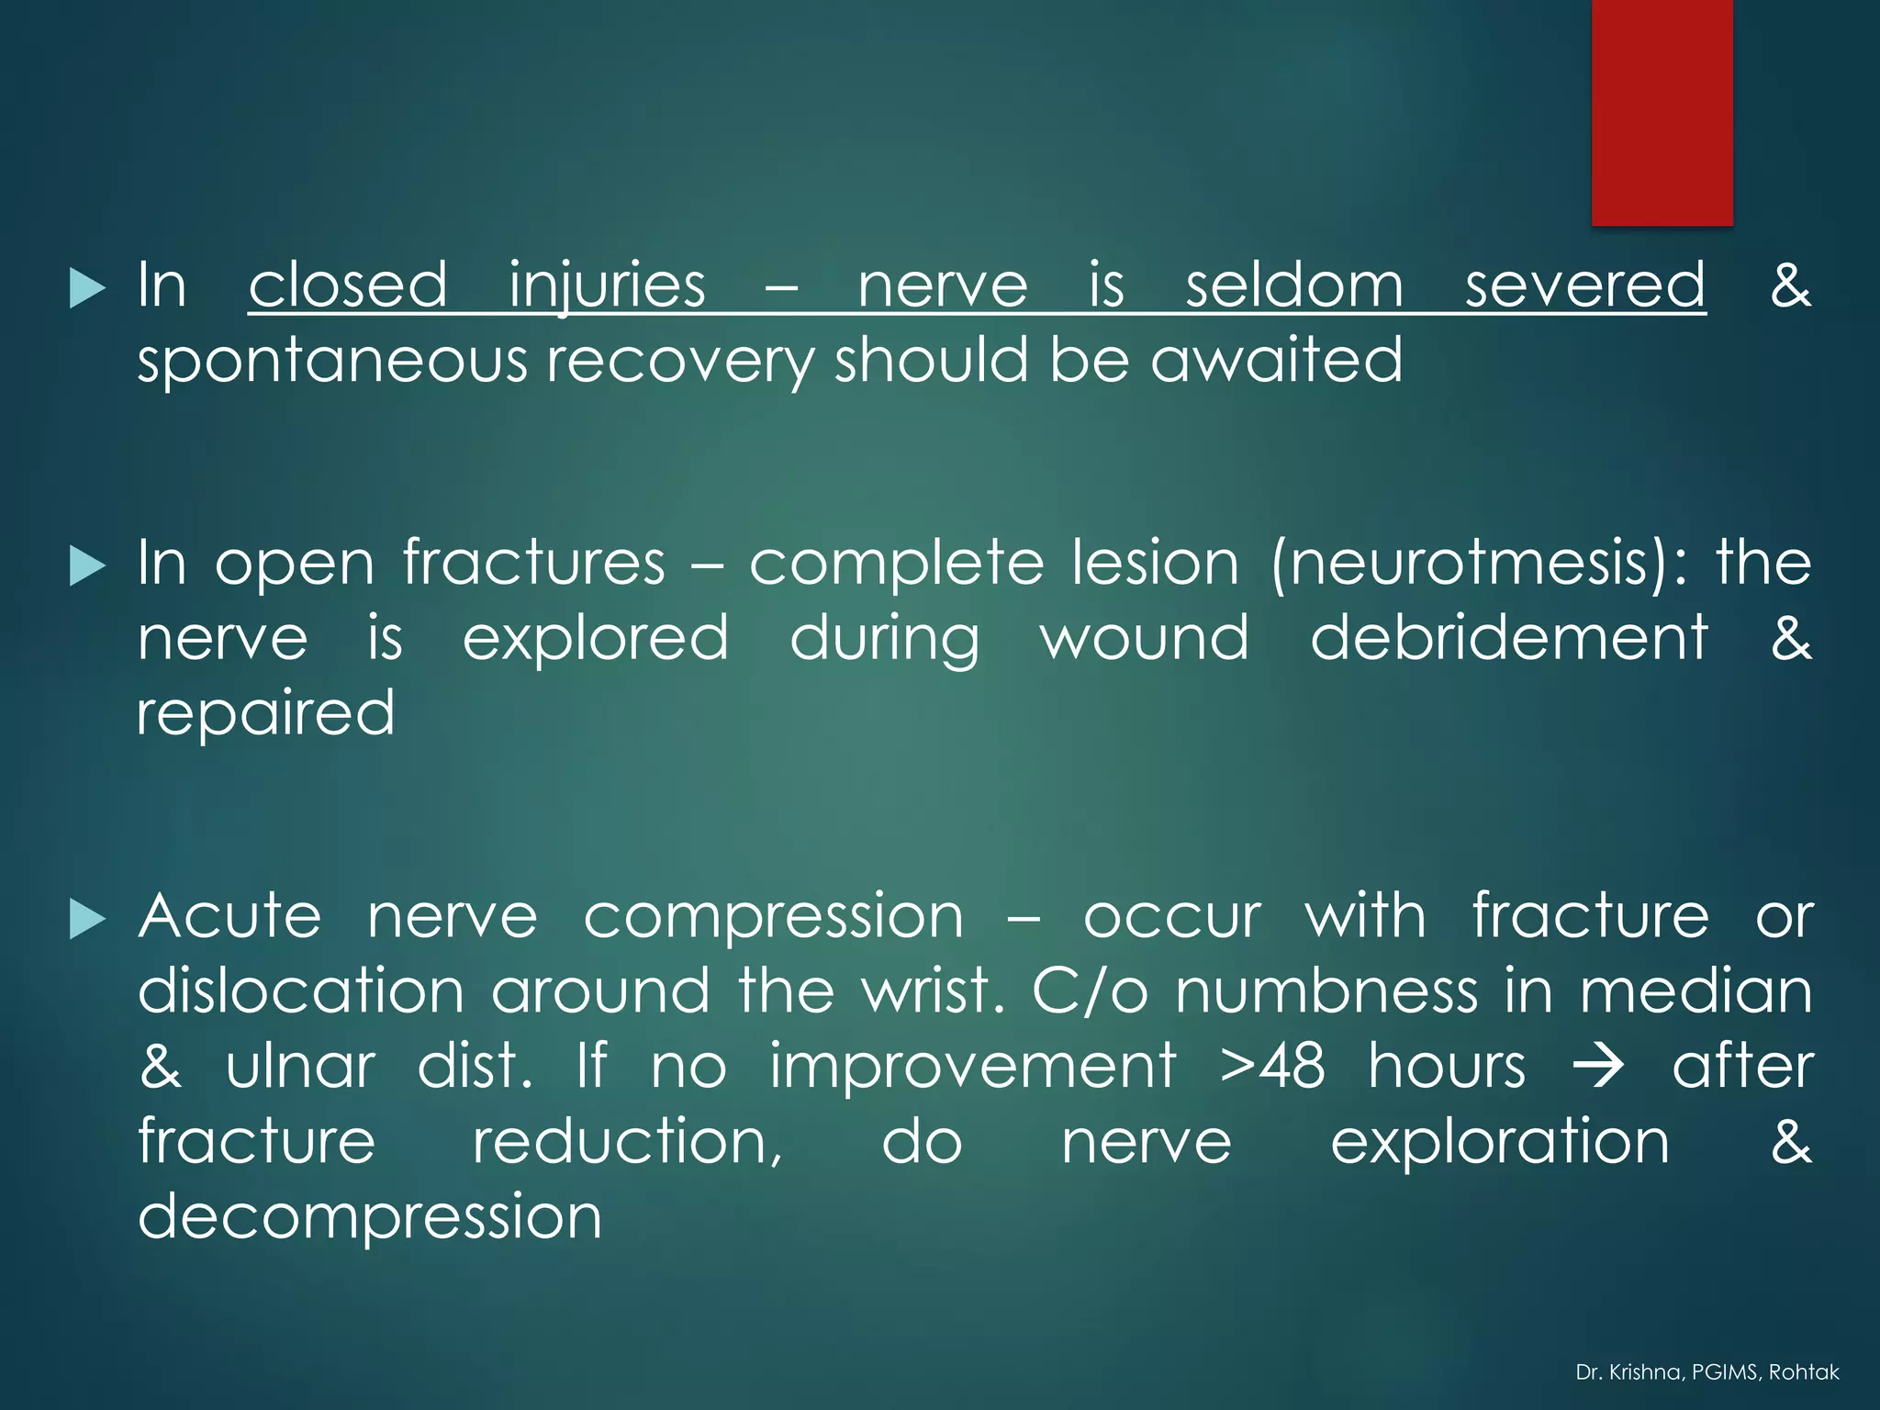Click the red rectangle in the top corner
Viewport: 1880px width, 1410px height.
pos(1662,112)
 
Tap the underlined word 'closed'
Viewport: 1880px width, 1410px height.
pos(348,285)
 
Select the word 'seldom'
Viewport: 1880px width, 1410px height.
pos(1294,285)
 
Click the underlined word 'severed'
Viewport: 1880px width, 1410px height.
pos(1584,285)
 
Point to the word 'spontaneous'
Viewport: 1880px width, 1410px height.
pos(331,361)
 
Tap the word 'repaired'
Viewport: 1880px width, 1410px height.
pos(266,713)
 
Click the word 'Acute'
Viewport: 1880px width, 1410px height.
pos(230,915)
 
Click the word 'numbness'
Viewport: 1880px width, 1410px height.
pos(1326,990)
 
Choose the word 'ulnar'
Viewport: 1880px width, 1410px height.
pos(300,1066)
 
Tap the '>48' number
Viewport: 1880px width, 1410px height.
pos(1272,1066)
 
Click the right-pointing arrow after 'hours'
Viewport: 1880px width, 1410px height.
pos(1598,1068)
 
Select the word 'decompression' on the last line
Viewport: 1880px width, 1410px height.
pos(370,1216)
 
